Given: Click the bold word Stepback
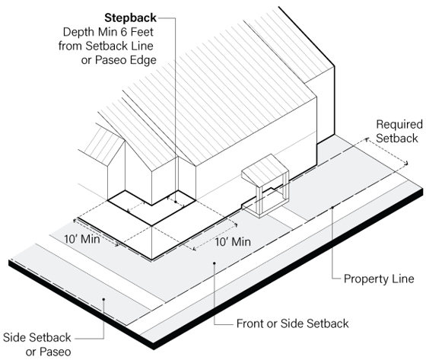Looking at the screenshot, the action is tap(130, 18).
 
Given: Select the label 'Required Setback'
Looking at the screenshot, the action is tap(399, 131).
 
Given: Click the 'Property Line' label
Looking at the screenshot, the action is tap(379, 279).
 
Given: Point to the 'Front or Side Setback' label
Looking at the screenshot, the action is tap(293, 323).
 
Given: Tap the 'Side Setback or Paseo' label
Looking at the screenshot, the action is tap(37, 345).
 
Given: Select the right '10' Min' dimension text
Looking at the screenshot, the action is tap(233, 242).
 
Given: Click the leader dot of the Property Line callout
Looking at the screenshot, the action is tap(332, 208).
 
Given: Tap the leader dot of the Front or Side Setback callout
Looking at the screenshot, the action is tap(215, 263).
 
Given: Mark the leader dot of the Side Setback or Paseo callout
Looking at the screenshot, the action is tap(103, 299).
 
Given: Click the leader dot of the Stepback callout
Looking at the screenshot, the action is tap(176, 202).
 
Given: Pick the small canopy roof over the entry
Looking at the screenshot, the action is tap(265, 168).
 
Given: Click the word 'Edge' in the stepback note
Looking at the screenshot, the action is tap(144, 60).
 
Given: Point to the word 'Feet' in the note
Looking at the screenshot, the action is tap(141, 32).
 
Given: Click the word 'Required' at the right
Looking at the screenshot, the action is tap(399, 125).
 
